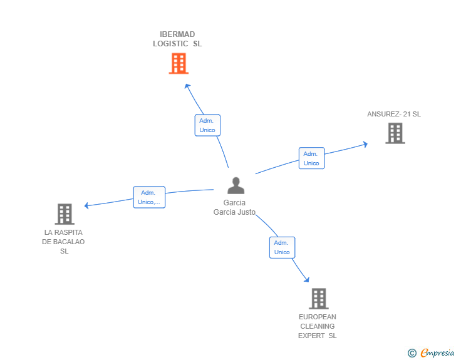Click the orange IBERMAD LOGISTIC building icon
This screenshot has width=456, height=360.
[179, 63]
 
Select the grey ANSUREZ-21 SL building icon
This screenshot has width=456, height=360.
[395, 133]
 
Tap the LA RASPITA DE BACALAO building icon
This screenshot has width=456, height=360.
[65, 214]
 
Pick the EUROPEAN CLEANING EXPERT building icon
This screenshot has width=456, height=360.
[318, 299]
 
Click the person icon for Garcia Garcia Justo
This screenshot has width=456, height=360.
[236, 186]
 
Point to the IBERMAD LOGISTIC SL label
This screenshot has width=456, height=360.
[178, 39]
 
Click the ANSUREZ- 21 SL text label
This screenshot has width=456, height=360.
[394, 114]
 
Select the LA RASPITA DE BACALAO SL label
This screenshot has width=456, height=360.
[64, 242]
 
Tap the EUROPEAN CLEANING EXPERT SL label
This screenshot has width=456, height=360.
[318, 326]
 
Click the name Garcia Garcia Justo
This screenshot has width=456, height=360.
[234, 207]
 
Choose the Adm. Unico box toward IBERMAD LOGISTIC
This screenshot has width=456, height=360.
[207, 125]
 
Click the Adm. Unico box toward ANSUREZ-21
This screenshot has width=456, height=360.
[311, 158]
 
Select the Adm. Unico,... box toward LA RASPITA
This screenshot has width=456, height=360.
[149, 197]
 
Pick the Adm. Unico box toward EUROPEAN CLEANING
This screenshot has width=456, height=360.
[282, 247]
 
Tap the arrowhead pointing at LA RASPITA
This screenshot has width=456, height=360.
[87, 205]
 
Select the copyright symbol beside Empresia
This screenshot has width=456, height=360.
[412, 353]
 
